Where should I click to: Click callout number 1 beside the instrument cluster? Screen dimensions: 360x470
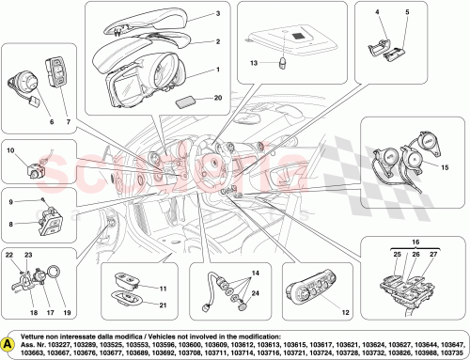click(218, 70)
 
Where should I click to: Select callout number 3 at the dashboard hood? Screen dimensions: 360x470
click(217, 15)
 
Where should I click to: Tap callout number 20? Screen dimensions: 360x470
click(218, 97)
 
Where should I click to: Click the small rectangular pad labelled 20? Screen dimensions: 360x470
click(186, 98)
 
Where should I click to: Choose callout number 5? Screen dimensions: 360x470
click(407, 13)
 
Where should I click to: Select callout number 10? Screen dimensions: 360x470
click(9, 150)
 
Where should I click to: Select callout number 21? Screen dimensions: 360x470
click(163, 305)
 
